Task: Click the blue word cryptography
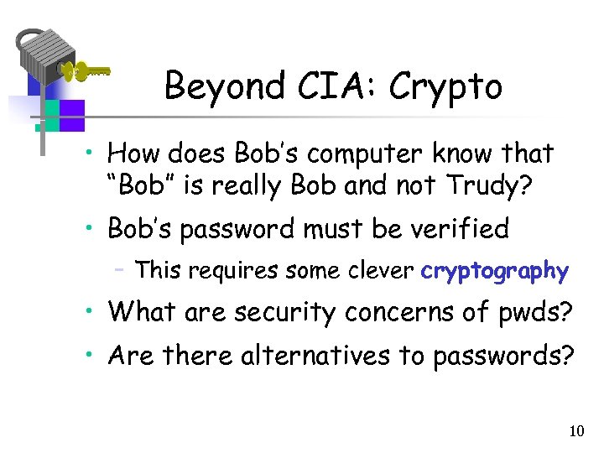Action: (495, 271)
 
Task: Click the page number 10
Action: (576, 431)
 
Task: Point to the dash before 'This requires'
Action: (122, 270)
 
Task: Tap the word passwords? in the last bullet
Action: (503, 356)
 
